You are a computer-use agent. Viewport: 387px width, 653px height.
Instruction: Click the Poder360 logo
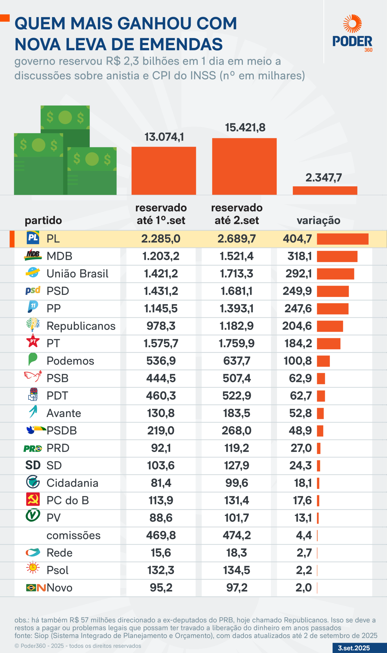point(352,33)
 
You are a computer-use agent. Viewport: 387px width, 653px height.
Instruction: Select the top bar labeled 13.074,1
point(163,171)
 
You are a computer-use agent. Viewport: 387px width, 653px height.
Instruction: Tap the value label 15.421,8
point(245,128)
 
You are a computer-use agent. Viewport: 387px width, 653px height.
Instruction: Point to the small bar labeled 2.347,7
point(325,190)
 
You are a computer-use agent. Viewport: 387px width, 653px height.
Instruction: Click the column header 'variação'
point(319,220)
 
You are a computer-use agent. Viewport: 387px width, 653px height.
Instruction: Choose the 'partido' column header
point(43,220)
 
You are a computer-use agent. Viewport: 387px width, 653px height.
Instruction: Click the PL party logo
point(33,238)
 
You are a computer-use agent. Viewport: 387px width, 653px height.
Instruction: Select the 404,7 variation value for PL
point(297,239)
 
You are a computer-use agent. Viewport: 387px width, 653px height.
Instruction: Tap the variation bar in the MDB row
point(337,257)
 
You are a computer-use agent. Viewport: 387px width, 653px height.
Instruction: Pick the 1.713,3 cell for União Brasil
point(237,274)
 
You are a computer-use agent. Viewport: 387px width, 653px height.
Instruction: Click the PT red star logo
point(33,341)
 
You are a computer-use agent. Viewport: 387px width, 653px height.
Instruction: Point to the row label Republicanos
point(81,326)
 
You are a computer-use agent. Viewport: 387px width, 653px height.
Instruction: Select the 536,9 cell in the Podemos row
point(161,361)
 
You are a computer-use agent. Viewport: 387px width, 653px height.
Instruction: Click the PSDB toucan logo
point(36,430)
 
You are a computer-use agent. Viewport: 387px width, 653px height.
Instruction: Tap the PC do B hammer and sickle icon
point(33,499)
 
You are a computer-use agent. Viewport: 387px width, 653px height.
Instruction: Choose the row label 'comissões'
point(73,535)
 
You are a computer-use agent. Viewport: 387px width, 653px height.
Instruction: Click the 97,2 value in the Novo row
point(237,588)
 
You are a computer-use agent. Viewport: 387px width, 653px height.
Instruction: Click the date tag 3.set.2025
point(354,648)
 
